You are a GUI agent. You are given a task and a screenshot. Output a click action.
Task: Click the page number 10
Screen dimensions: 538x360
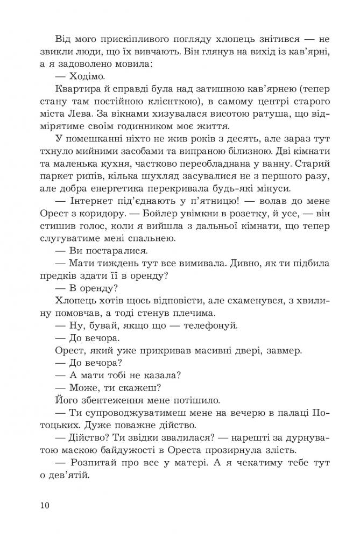coord(44,505)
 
